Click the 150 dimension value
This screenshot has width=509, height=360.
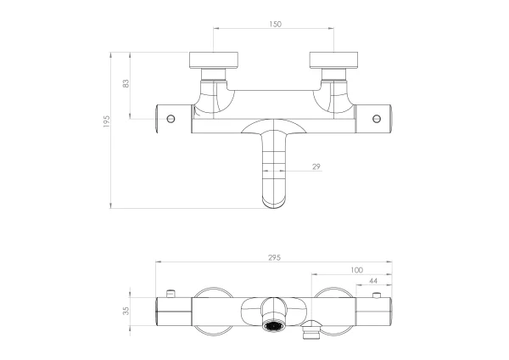(x=275, y=24)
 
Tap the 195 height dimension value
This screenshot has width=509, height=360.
(x=107, y=121)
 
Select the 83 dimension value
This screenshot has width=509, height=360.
(x=126, y=83)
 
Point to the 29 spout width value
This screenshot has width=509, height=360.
(x=316, y=166)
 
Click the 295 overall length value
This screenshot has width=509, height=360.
(x=274, y=257)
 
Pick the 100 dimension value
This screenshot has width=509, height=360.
(x=357, y=270)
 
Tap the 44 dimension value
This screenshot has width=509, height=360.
(x=373, y=281)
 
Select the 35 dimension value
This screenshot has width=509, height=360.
(x=126, y=311)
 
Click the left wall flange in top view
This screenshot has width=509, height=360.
(x=214, y=60)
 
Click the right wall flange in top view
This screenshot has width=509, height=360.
(x=333, y=60)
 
